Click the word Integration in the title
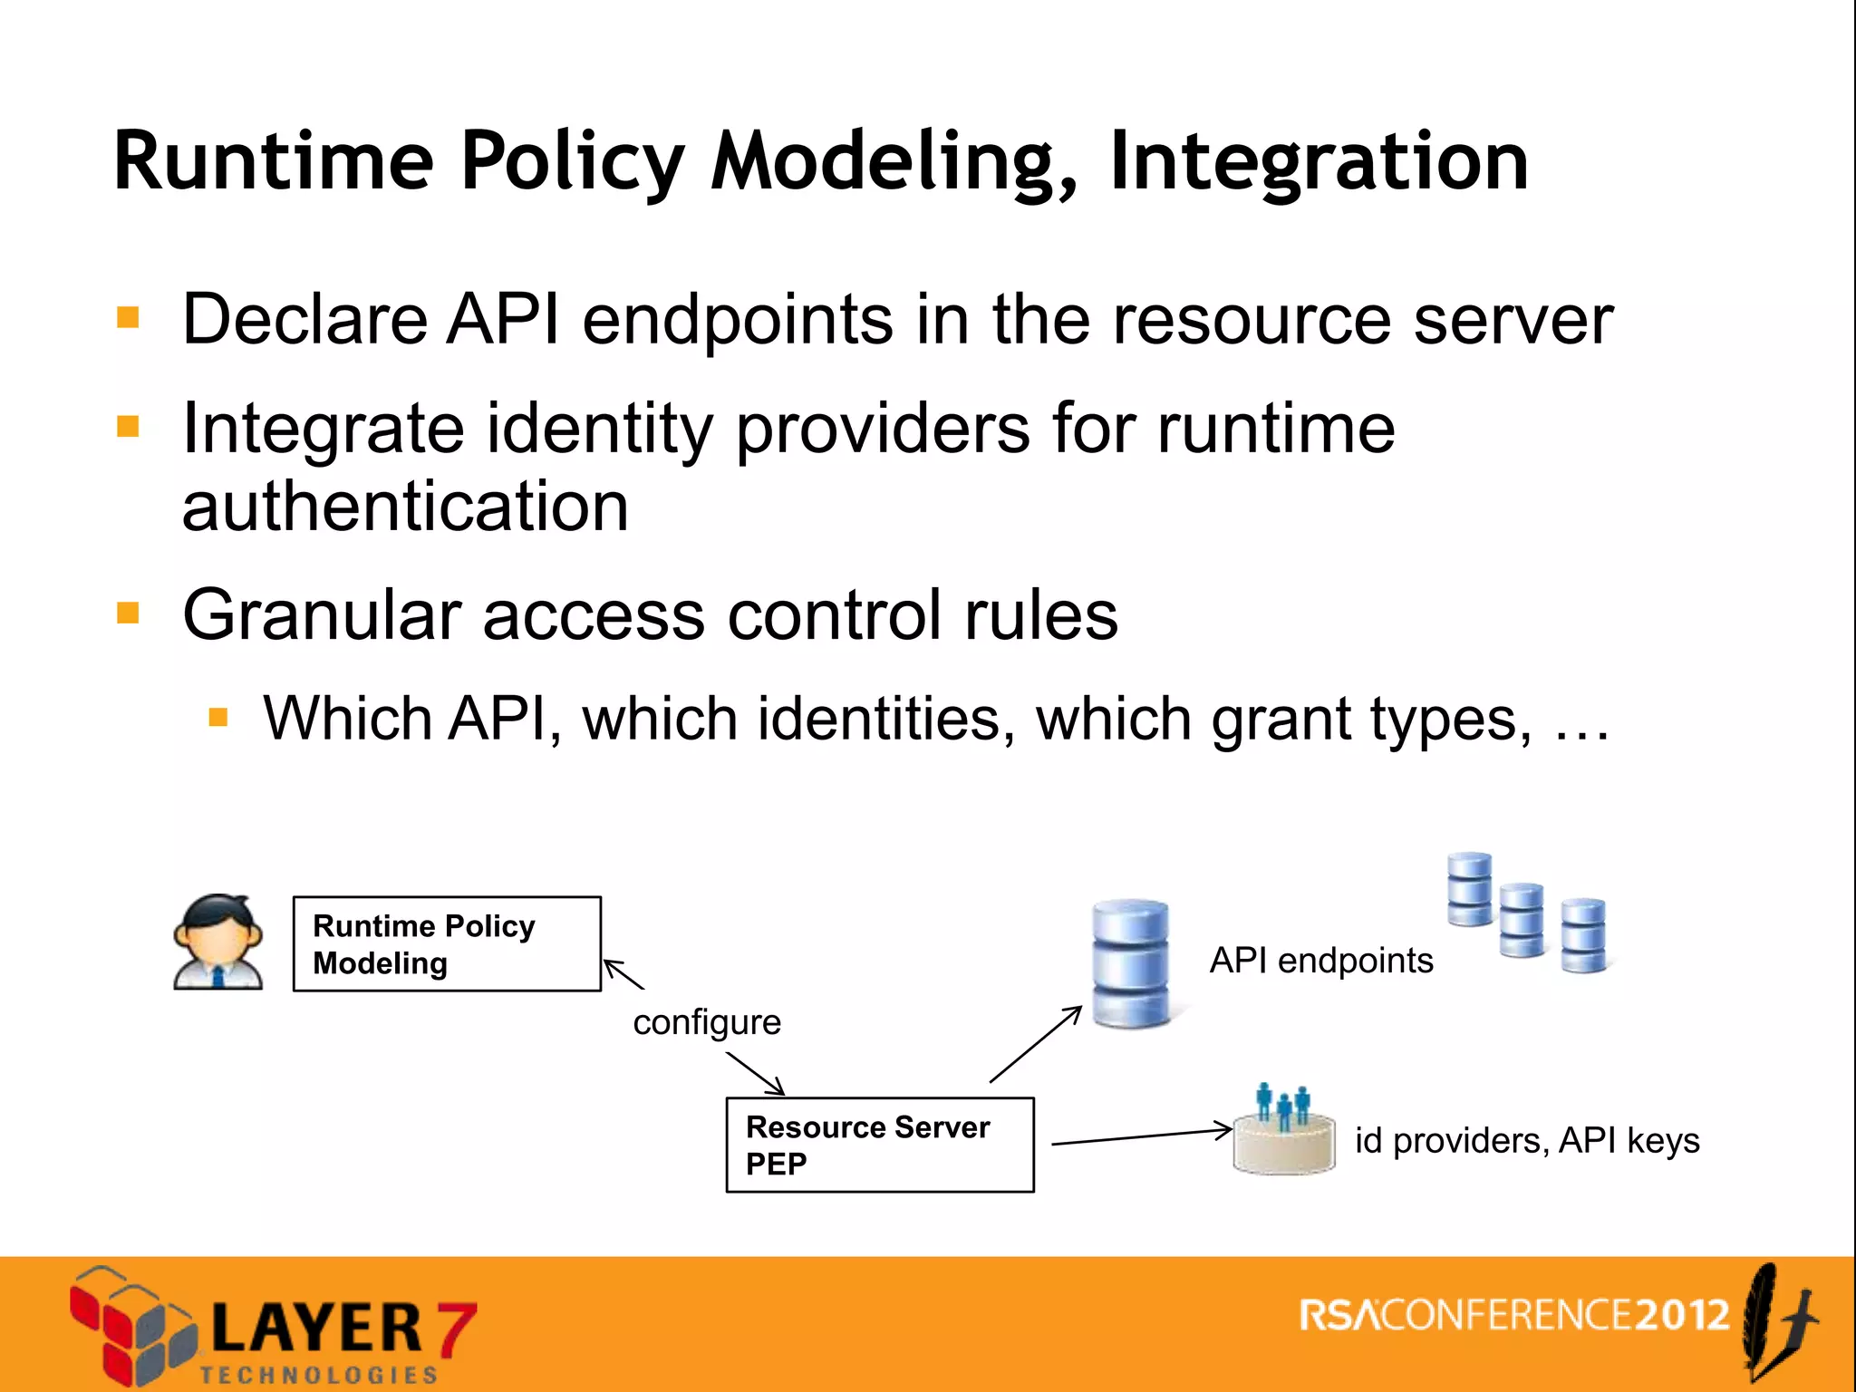(x=1319, y=163)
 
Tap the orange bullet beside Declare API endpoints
(x=128, y=317)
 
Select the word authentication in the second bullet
(x=405, y=507)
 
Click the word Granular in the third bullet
(x=322, y=615)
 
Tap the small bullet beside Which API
(x=217, y=719)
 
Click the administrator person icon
(x=218, y=942)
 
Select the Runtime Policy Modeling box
(x=447, y=943)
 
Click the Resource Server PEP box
(x=879, y=1145)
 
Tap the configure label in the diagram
(x=707, y=1022)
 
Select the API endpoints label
(x=1321, y=961)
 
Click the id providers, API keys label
(x=1527, y=1140)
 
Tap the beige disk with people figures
(x=1284, y=1144)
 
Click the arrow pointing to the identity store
(x=1142, y=1137)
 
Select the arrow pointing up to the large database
(x=1036, y=1044)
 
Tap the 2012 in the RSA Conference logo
(x=1683, y=1315)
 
